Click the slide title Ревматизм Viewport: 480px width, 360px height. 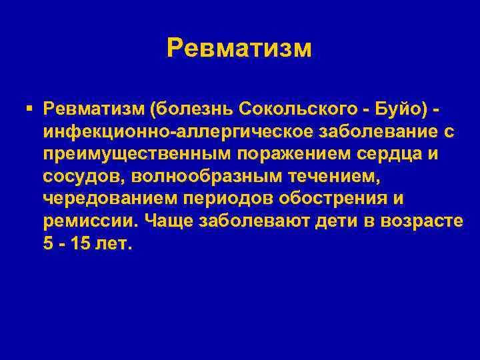239,48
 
